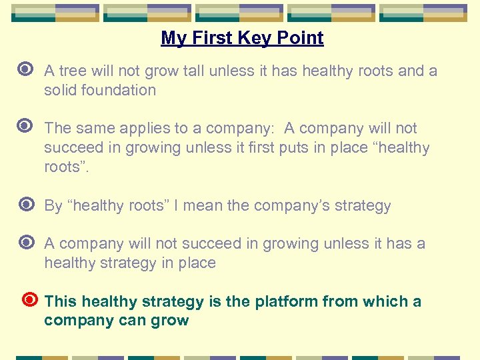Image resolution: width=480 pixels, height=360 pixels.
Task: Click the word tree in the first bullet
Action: tap(71, 71)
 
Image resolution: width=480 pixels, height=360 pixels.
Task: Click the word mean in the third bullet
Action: tap(203, 205)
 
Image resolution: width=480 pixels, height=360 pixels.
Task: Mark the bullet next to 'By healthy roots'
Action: tap(27, 205)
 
